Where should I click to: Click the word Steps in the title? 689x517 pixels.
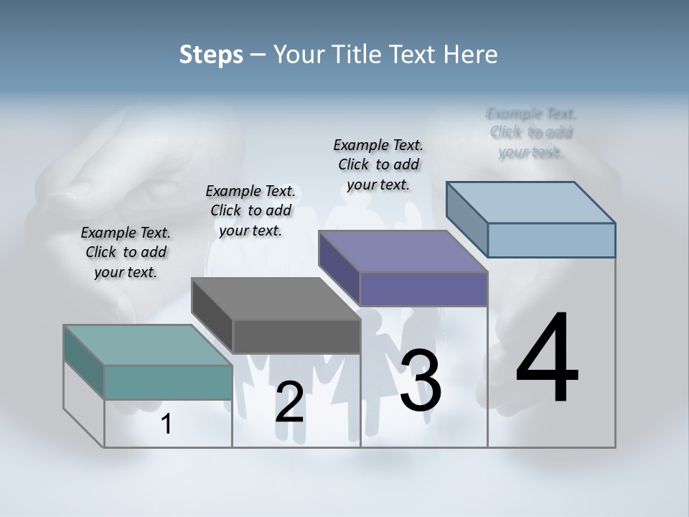click(x=211, y=55)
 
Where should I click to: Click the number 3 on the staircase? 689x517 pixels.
click(x=420, y=381)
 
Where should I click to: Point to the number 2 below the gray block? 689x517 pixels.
click(x=289, y=402)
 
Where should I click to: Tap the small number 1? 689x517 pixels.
click(x=167, y=424)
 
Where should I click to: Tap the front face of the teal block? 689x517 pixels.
click(x=168, y=382)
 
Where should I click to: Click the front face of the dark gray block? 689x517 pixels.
click(x=296, y=336)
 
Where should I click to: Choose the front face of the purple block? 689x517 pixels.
click(x=423, y=289)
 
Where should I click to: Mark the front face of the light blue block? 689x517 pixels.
click(x=551, y=240)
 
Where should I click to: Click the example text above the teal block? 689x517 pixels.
click(x=126, y=252)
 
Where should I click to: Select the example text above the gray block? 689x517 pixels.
click(x=250, y=210)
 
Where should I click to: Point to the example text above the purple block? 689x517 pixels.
click(x=378, y=164)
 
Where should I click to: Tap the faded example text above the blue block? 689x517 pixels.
click(x=531, y=133)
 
